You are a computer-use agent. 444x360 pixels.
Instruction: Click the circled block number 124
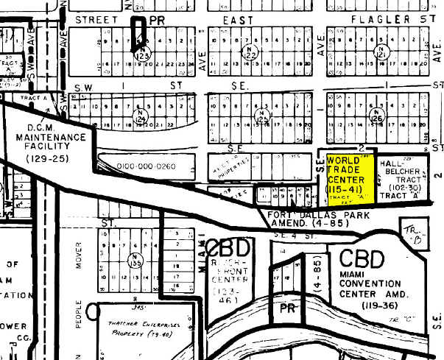[139, 116]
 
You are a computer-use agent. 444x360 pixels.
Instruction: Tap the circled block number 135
[135, 260]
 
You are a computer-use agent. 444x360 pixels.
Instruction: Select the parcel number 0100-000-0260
[146, 166]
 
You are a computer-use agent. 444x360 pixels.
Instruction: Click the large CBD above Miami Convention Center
[362, 259]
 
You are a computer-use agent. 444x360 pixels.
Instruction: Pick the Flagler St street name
[398, 18]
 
